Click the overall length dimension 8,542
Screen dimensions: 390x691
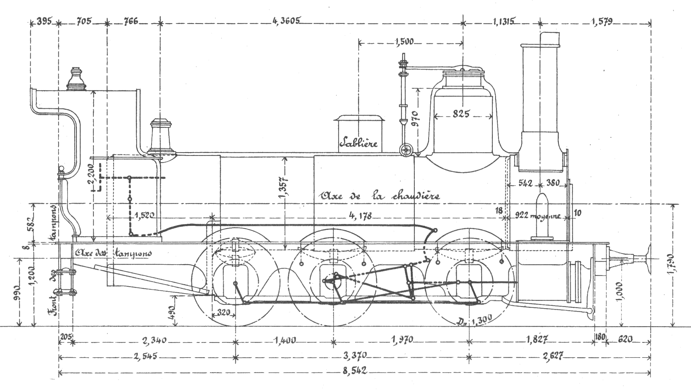[355, 371]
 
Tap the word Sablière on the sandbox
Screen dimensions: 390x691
[358, 142]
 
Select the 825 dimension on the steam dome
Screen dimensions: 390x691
[461, 114]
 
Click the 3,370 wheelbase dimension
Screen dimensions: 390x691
[355, 356]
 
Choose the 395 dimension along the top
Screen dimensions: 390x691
[44, 22]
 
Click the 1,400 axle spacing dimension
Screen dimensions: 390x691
[285, 340]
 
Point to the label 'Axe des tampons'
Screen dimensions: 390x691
[113, 253]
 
